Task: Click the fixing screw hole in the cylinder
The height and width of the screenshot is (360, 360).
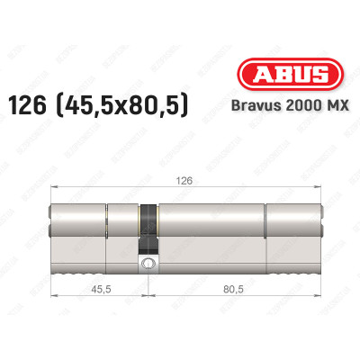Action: [147, 265]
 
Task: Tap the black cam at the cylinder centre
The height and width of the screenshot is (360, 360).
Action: [147, 229]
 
